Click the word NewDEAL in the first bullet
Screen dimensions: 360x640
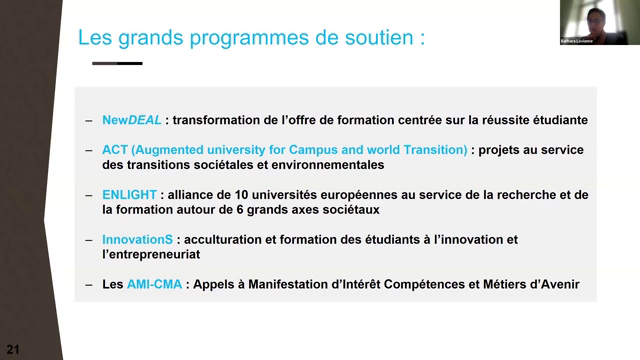coord(132,120)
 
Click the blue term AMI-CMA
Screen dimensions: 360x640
coord(153,285)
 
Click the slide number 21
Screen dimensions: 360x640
coord(13,349)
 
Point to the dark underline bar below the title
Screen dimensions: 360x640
coord(117,63)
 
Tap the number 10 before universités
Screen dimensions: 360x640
coord(256,195)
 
